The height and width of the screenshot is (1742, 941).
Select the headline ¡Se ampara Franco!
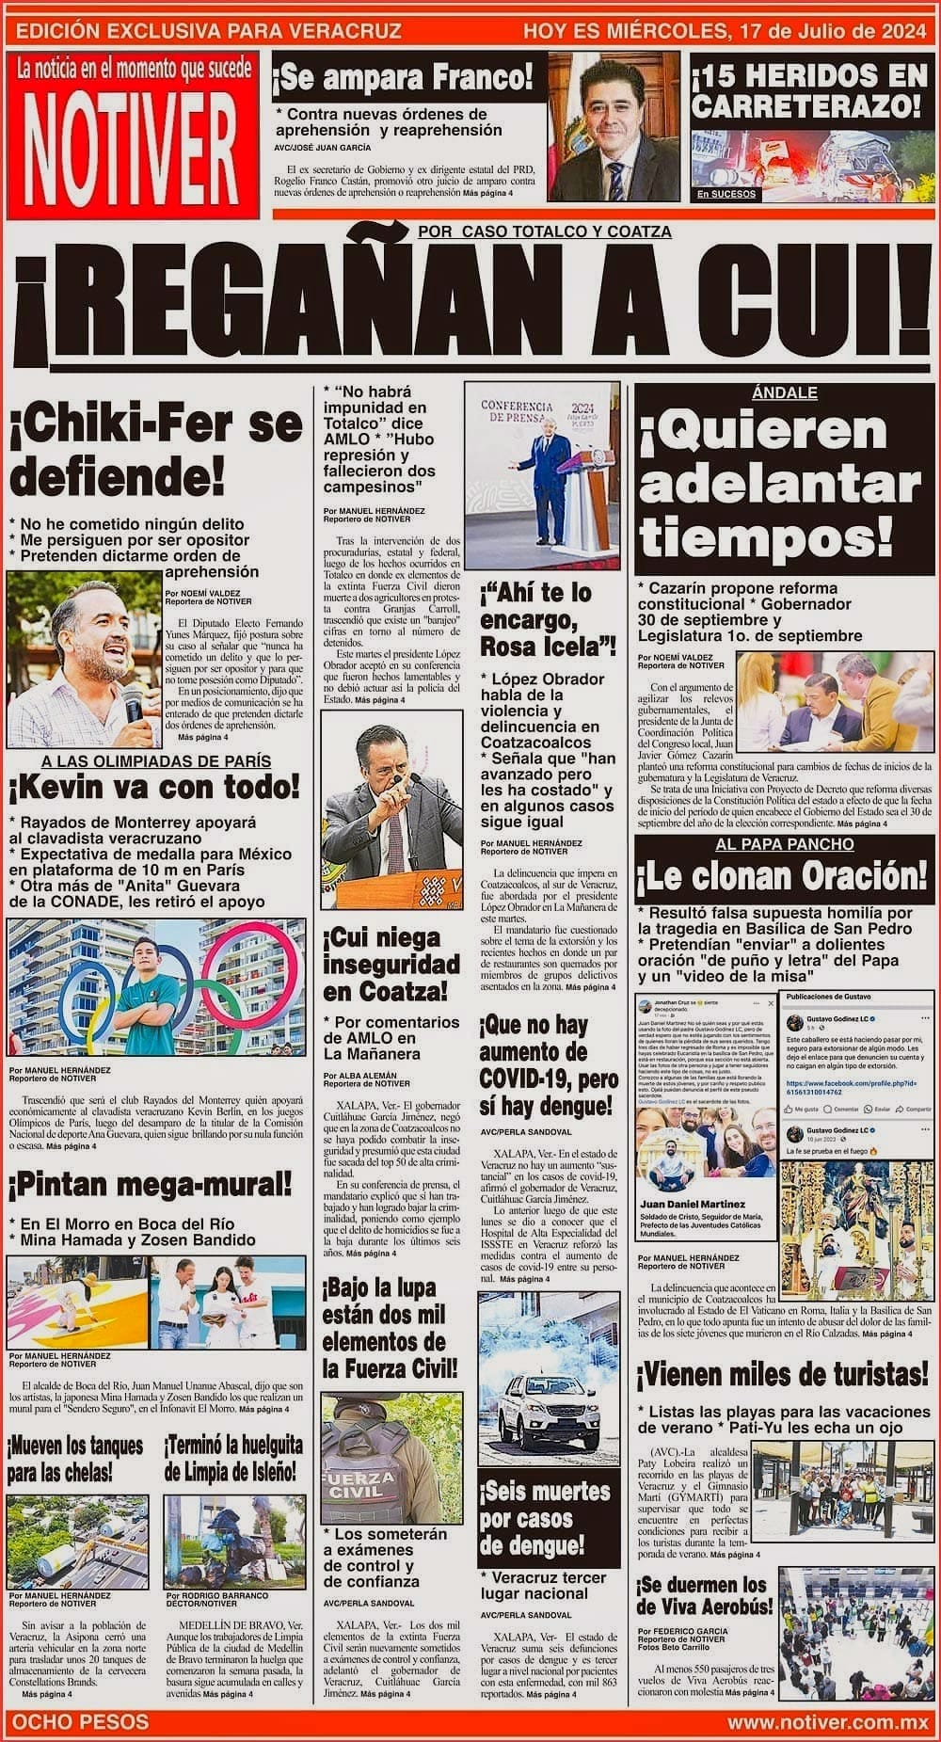pos(403,77)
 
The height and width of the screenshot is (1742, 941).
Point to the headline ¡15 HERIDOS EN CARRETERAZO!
pos(808,90)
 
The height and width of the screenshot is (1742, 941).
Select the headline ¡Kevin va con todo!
pos(155,785)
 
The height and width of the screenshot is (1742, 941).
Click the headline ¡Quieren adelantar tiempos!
pos(778,485)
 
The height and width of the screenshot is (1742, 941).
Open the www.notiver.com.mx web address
pos(828,1722)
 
